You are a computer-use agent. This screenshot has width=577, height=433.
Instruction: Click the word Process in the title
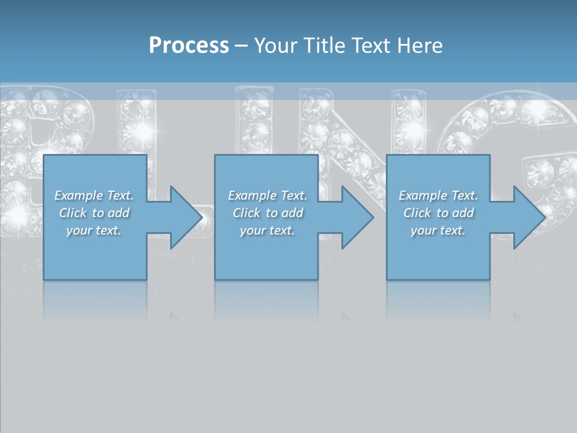pos(189,46)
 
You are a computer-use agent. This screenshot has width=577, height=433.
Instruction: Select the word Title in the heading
pos(323,46)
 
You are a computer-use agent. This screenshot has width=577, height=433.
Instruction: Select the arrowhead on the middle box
pos(356,217)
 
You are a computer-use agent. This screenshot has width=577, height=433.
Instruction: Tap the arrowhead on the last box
pos(528,217)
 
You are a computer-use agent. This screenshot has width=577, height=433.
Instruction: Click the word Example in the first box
pos(78,195)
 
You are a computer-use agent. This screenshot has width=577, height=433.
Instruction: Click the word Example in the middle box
pos(252,195)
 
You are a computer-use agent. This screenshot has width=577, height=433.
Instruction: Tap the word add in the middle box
pos(292,213)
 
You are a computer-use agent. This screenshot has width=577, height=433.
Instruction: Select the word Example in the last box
pos(423,195)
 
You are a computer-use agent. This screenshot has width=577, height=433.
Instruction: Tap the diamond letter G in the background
pos(529,132)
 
